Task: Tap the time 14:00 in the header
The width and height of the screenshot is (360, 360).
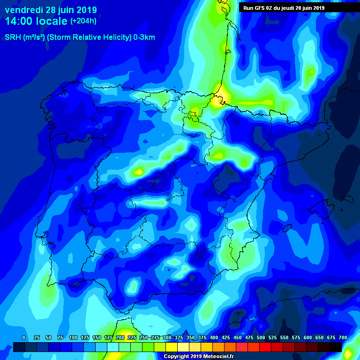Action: coord(19,21)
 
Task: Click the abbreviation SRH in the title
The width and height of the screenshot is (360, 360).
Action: coord(13,37)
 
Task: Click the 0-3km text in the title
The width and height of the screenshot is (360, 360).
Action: coord(144,37)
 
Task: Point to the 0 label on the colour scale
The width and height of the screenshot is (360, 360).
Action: coord(24,338)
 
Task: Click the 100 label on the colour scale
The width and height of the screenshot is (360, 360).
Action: coord(73,338)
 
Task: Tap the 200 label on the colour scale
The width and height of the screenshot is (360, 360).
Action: coord(120,338)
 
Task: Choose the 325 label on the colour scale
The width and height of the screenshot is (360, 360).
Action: coord(179,338)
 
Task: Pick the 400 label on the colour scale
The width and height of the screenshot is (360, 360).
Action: coord(214,338)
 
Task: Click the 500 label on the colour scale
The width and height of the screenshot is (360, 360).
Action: coord(261,338)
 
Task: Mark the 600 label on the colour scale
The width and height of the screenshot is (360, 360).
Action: coord(307,338)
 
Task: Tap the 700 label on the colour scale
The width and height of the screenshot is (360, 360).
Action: coord(343,338)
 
